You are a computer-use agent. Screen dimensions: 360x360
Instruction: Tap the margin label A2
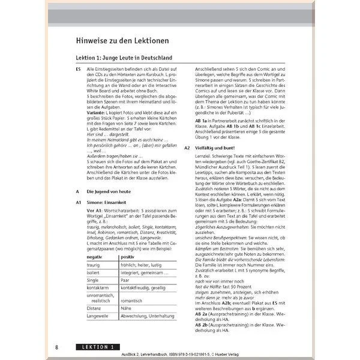(187, 147)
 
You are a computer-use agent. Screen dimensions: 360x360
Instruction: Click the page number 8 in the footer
(56, 347)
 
